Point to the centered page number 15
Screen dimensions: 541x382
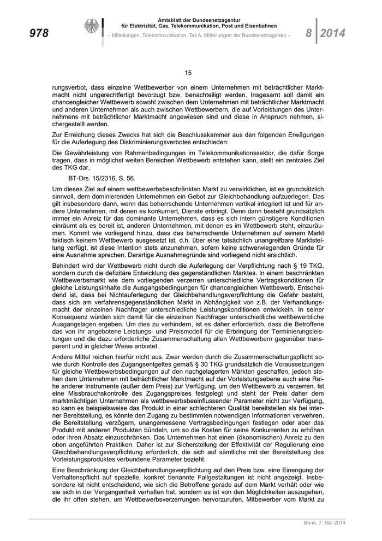point(188,73)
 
